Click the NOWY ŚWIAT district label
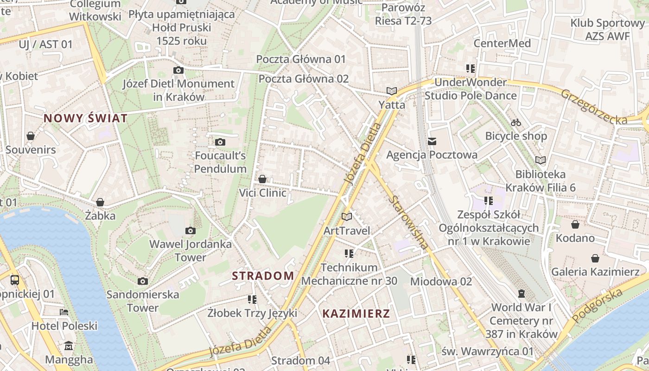click(85, 118)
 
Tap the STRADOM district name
click(263, 276)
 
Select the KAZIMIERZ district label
click(356, 313)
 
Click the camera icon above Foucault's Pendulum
click(220, 142)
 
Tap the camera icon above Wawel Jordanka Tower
click(190, 230)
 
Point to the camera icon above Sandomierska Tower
click(143, 281)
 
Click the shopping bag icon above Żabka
click(100, 202)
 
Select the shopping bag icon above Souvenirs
click(31, 136)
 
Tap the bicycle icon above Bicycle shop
click(516, 122)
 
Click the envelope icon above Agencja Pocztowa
click(432, 141)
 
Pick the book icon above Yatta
click(392, 91)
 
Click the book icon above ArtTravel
click(347, 217)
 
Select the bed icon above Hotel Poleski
click(64, 312)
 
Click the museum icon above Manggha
click(69, 346)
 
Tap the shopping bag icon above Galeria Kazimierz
click(595, 258)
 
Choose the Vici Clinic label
click(262, 192)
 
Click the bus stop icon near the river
click(15, 280)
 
